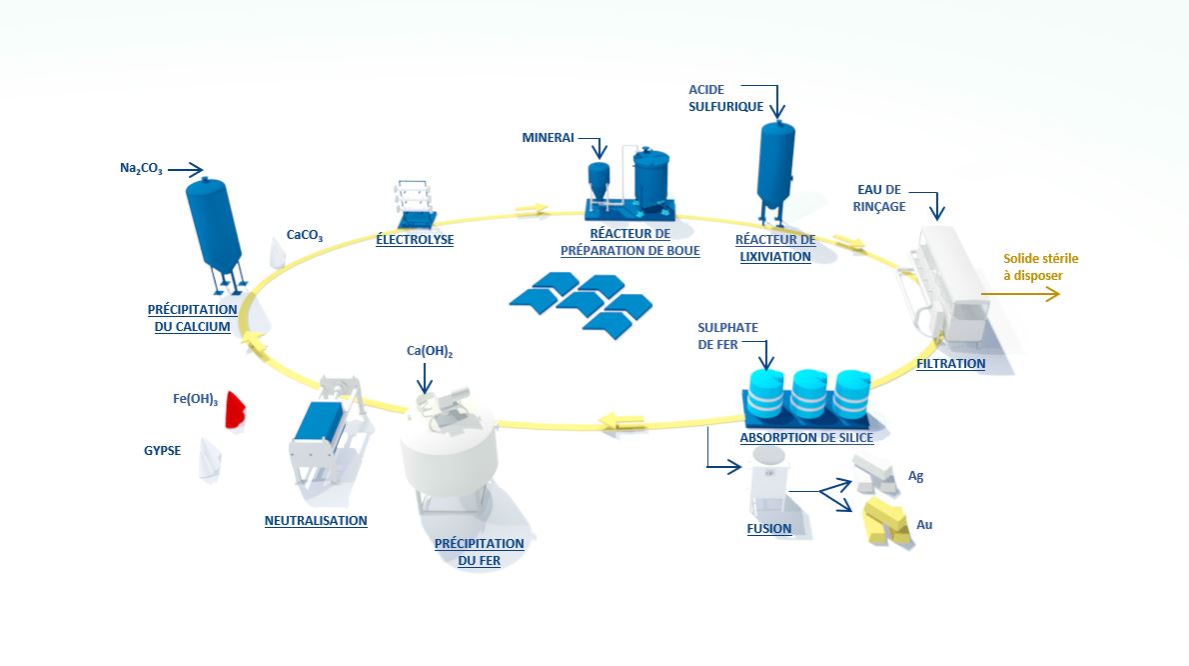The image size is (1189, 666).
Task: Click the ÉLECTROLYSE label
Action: [415, 240]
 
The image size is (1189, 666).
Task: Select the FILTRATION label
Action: [950, 364]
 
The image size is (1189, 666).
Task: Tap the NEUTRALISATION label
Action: [316, 520]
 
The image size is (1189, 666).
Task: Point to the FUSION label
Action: [769, 528]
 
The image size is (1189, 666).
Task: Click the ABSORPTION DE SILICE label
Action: [806, 438]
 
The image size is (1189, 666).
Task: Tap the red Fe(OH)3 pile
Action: [236, 409]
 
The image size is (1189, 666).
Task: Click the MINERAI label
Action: [548, 138]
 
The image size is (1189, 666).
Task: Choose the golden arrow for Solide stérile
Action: [1019, 295]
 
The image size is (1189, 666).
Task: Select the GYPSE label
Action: [162, 450]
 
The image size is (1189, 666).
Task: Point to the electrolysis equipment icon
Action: [414, 205]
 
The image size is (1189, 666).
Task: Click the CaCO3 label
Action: [305, 235]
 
